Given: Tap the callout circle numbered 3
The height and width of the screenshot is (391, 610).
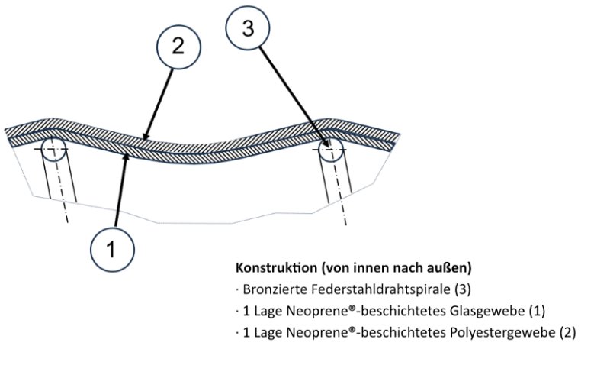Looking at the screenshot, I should tap(247, 29).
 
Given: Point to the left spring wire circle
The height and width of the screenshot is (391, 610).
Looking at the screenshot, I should tap(54, 147).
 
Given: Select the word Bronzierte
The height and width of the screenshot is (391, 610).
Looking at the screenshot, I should tap(270, 290).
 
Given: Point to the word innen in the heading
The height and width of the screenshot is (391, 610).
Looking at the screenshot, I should tap(364, 269).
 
